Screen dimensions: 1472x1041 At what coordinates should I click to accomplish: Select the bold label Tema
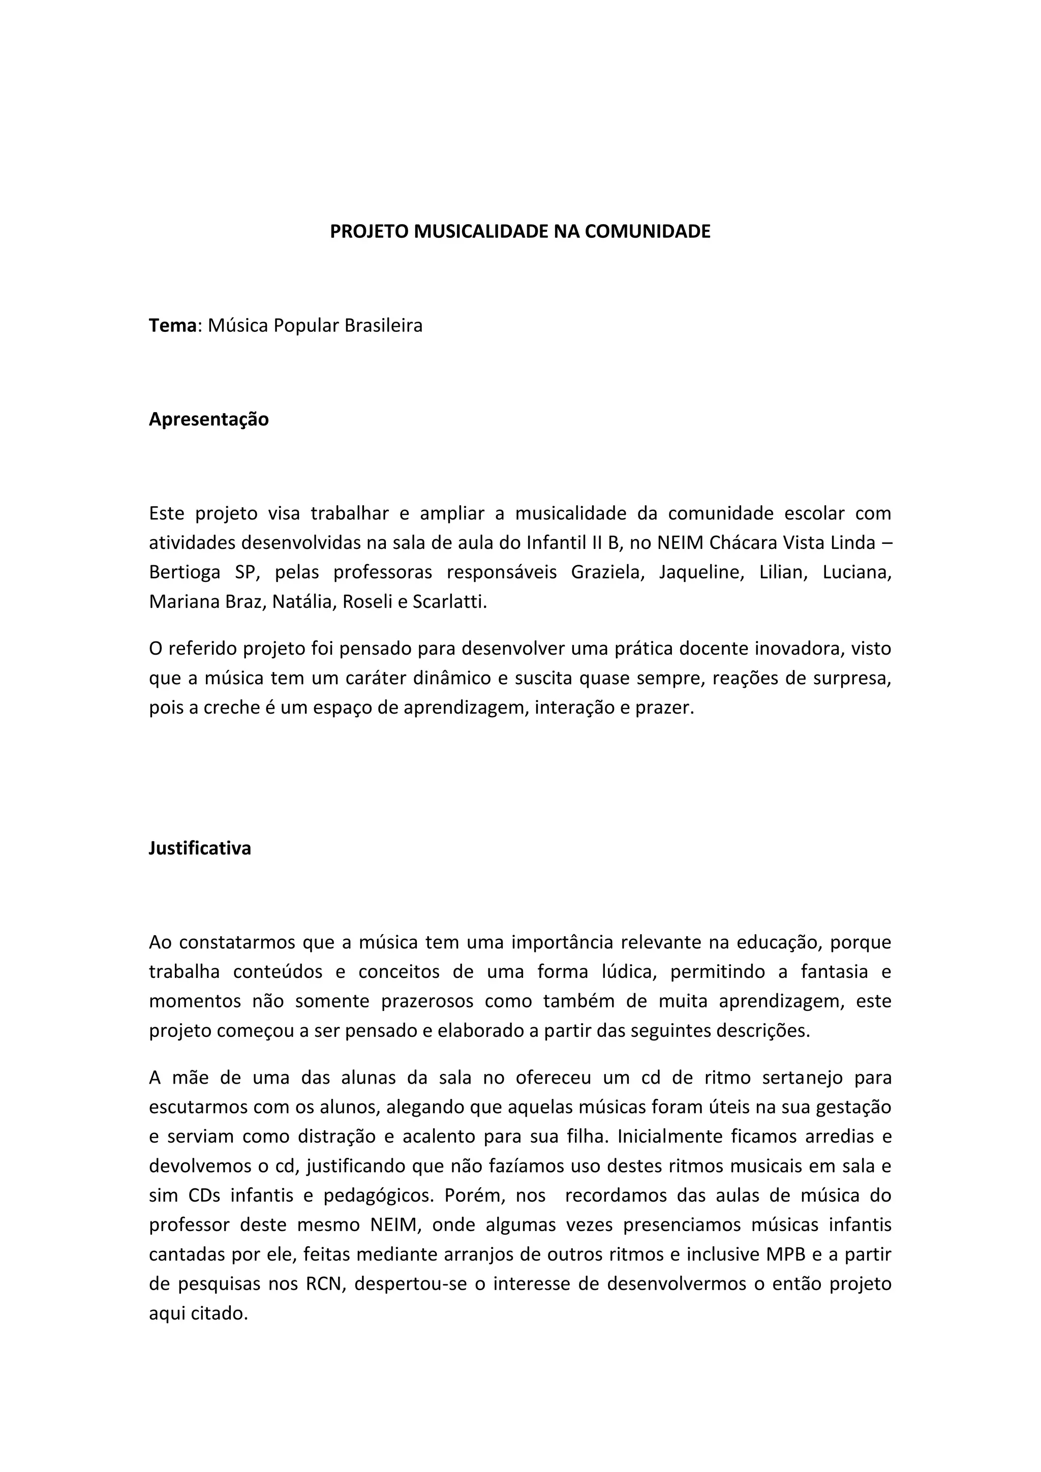tap(172, 326)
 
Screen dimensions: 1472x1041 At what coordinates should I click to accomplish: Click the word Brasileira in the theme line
tap(383, 326)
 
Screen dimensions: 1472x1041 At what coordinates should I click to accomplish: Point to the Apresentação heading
tap(209, 419)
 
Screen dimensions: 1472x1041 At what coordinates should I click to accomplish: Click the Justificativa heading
tap(200, 848)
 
